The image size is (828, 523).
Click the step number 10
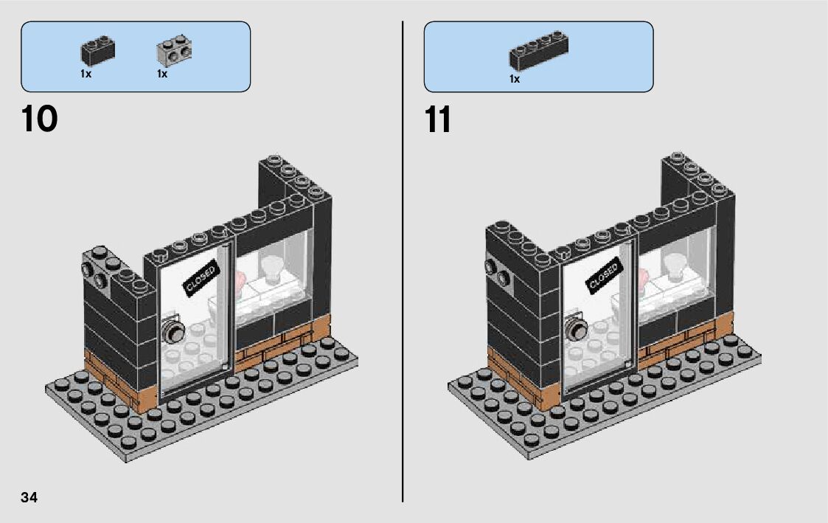(40, 119)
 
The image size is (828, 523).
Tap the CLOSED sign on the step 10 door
(201, 278)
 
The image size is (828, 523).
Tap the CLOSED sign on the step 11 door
(603, 277)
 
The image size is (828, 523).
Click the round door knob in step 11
(576, 329)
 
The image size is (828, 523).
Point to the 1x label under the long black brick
(515, 79)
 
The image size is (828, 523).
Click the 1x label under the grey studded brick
(162, 74)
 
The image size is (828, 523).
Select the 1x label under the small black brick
(86, 74)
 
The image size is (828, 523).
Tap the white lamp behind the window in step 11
(676, 266)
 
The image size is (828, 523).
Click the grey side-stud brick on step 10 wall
(94, 271)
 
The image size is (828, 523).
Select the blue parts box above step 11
(538, 56)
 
